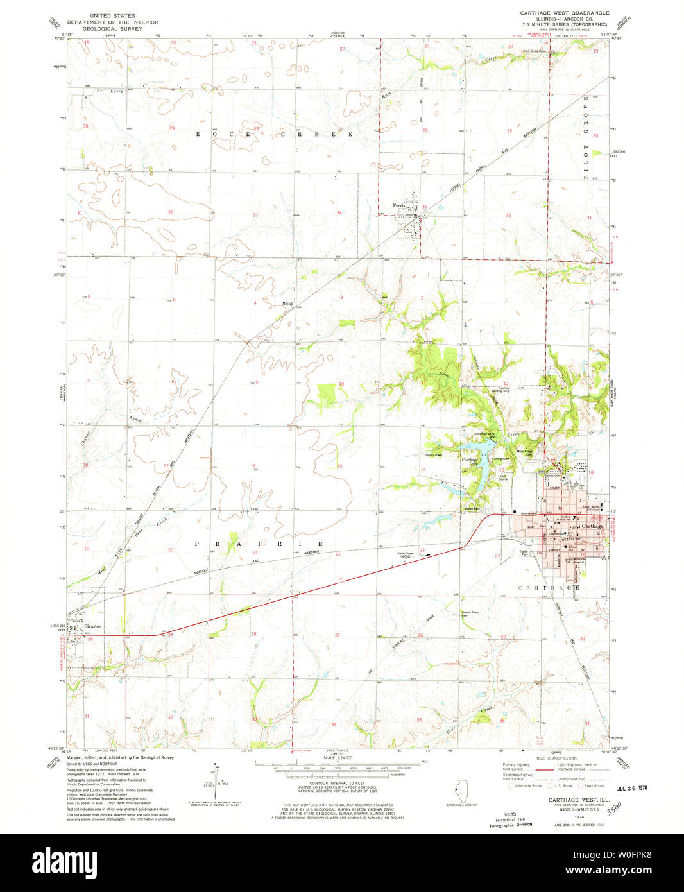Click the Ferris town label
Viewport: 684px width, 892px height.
tap(402, 206)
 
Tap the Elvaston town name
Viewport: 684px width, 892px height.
tap(92, 626)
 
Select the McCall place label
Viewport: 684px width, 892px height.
tap(287, 304)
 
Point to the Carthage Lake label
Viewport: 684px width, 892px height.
tap(470, 461)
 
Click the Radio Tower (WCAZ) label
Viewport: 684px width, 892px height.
tap(405, 554)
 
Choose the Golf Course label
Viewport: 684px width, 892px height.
tap(503, 477)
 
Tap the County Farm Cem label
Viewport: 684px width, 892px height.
tap(470, 613)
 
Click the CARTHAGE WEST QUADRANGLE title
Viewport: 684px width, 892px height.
tap(556, 13)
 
